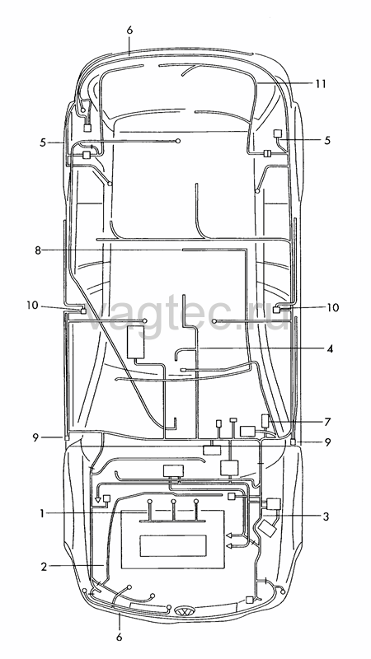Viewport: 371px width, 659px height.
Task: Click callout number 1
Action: click(x=42, y=512)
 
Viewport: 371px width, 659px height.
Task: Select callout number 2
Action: click(x=44, y=566)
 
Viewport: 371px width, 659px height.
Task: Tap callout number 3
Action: click(x=326, y=516)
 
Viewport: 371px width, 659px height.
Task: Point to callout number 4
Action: click(x=331, y=348)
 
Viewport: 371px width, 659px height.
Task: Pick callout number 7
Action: click(x=326, y=422)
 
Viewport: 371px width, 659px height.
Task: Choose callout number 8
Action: click(x=38, y=250)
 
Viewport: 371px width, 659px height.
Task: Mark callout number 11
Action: click(x=321, y=84)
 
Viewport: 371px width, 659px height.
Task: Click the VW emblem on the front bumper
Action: click(x=185, y=610)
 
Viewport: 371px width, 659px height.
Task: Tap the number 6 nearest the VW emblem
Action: click(x=120, y=637)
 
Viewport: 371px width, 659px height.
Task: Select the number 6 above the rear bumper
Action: click(x=129, y=30)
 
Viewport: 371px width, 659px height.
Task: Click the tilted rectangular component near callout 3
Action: click(x=267, y=528)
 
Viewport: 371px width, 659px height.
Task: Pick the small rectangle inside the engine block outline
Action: click(x=173, y=545)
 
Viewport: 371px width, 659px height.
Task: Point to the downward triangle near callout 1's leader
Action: click(x=97, y=500)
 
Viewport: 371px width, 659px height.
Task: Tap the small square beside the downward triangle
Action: click(x=107, y=498)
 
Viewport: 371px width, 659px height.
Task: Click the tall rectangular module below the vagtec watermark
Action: click(x=135, y=342)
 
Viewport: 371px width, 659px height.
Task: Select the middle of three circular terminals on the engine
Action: click(x=173, y=502)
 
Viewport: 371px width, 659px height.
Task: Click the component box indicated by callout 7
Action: click(x=265, y=420)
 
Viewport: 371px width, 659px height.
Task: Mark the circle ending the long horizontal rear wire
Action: click(x=178, y=141)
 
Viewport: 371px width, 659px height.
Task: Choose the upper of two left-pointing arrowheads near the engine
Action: click(x=230, y=535)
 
